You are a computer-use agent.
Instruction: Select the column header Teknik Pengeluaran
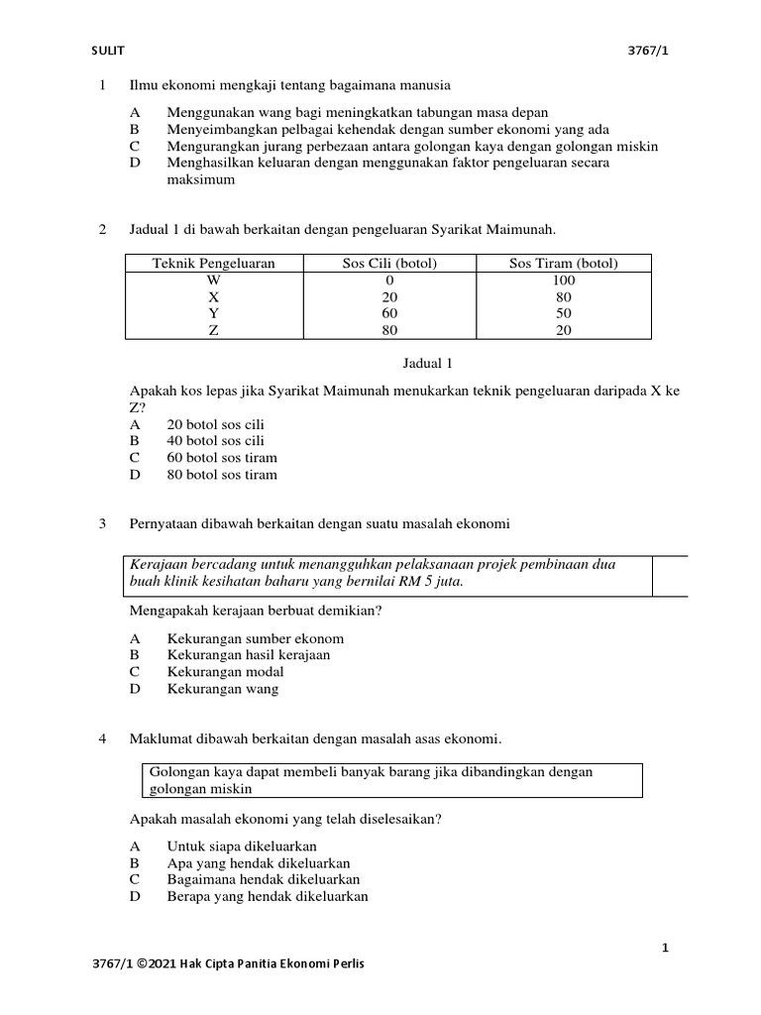213,263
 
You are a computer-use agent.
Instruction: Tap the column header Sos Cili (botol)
387,263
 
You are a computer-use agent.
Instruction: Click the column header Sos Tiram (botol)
563,263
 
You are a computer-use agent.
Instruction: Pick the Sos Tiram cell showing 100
563,280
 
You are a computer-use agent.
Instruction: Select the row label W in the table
213,280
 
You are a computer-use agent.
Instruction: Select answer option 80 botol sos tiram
222,475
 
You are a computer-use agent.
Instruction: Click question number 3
103,522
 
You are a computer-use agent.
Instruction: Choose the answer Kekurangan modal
226,672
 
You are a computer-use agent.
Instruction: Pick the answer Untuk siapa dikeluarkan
242,846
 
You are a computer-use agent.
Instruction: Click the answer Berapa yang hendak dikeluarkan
268,896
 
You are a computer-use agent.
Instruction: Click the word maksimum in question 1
201,180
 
